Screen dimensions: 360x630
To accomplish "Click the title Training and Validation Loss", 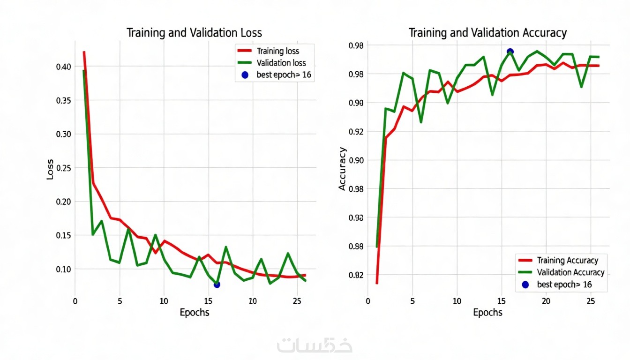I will coord(194,33).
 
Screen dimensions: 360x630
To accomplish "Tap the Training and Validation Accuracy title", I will coord(487,33).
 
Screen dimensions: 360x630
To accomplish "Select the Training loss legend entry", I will coord(278,51).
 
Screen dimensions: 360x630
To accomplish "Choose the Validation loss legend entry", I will coord(281,63).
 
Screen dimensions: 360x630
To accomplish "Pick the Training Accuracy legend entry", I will coord(567,261).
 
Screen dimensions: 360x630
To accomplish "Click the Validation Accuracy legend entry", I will coord(570,272).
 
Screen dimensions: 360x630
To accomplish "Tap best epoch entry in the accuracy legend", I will coord(564,285).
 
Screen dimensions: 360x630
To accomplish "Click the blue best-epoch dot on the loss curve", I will coord(217,285).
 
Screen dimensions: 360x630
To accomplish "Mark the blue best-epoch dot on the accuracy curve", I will coord(510,52).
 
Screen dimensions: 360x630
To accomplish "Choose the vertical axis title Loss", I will coord(50,172).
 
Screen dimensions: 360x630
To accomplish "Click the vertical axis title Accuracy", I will coord(343,169).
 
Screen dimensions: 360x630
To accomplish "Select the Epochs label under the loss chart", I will coord(195,313).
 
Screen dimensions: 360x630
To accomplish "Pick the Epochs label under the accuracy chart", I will coord(487,313).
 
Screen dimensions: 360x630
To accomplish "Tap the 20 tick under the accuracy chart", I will coord(546,300).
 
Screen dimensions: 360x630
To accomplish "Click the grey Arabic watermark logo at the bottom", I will coord(315,345).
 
